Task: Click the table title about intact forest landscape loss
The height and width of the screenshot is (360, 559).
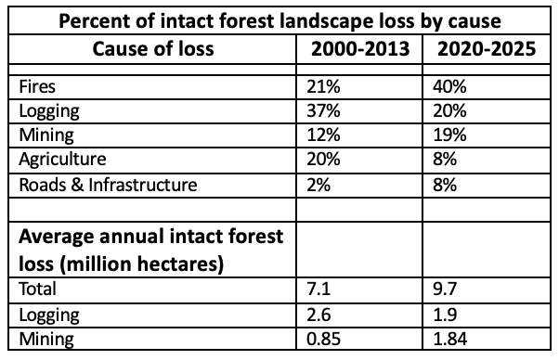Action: (x=279, y=21)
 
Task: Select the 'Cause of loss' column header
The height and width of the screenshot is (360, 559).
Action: (x=153, y=49)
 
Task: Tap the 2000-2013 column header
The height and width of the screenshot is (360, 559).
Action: (x=360, y=49)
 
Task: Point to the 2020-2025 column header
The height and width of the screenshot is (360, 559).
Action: (x=487, y=49)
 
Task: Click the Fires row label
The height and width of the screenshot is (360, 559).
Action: (x=37, y=87)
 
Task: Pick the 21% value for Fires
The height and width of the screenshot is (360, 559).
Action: (x=323, y=87)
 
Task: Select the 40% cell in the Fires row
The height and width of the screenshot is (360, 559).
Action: (x=449, y=87)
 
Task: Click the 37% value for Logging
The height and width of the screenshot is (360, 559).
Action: (x=323, y=110)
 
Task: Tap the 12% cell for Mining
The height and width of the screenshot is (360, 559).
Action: (x=323, y=135)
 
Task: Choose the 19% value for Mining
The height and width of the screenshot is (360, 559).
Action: (x=449, y=135)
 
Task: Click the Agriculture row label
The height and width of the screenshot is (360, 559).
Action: (x=62, y=160)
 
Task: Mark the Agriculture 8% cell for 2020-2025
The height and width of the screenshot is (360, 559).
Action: (x=445, y=159)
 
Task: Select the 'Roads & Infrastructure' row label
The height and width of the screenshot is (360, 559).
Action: (x=108, y=186)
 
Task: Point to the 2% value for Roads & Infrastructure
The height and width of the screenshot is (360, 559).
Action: (x=318, y=186)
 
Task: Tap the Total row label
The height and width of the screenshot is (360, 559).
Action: (x=37, y=289)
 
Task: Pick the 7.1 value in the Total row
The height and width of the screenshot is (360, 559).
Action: (x=318, y=289)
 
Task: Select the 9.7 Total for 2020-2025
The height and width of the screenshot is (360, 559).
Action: (x=445, y=289)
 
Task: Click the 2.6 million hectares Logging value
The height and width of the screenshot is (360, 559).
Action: (x=318, y=315)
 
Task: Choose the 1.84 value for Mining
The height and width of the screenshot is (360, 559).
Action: (x=450, y=339)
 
